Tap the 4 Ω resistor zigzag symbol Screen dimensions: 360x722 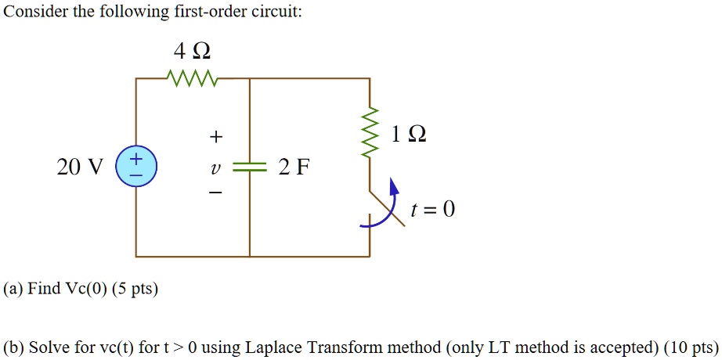(x=192, y=78)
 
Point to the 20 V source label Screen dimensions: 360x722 (x=79, y=167)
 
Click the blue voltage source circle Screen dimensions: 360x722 (x=136, y=167)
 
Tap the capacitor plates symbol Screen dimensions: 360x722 (x=250, y=167)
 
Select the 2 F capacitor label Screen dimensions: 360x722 (x=294, y=167)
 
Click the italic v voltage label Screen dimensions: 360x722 (x=215, y=167)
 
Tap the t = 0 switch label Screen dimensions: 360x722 (x=432, y=210)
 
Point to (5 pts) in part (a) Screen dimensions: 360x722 (x=135, y=289)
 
